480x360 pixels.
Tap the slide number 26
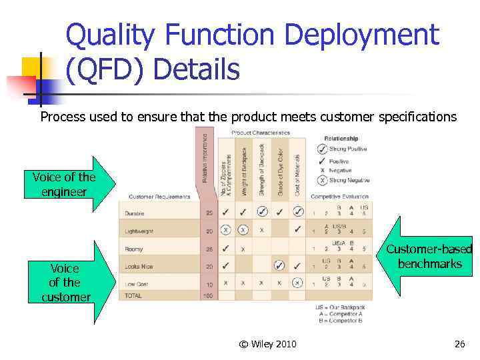tap(459, 344)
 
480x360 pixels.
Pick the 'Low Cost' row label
tap(137, 283)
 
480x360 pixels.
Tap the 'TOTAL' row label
tap(133, 295)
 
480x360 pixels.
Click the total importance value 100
tap(209, 295)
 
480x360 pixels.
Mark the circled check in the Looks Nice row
tap(279, 266)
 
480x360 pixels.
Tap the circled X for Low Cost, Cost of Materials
tap(297, 283)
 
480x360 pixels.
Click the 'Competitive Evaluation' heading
tap(340, 197)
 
